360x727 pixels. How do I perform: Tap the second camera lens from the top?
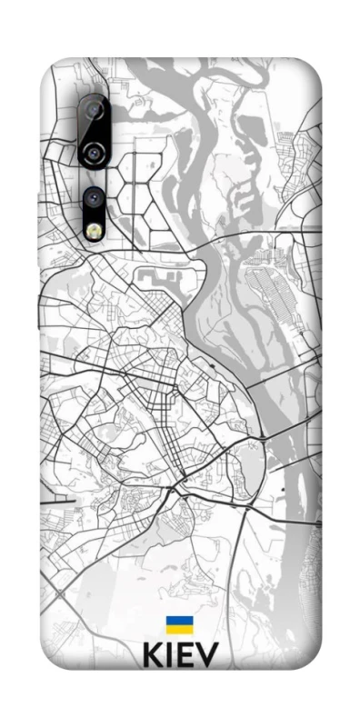point(94,151)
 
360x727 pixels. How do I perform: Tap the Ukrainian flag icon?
point(178,626)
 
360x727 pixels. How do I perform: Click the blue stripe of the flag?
point(178,622)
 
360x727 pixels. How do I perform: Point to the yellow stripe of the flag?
point(178,631)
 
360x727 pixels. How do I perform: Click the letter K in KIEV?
point(154,656)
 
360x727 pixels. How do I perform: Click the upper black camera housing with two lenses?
point(94,132)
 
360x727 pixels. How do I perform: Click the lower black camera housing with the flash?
point(94,214)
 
